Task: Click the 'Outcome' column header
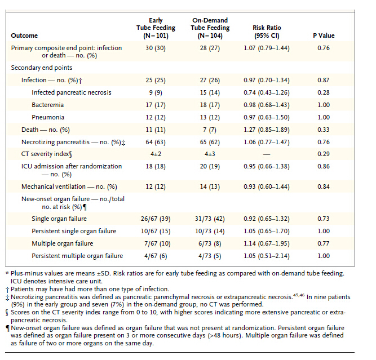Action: pos(24,35)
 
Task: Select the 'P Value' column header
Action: pos(324,35)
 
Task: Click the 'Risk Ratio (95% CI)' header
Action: pos(267,32)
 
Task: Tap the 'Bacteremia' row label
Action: pos(47,105)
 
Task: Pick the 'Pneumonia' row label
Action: pos(48,117)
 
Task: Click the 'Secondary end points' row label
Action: pos(42,68)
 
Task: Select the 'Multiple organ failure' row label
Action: pos(62,243)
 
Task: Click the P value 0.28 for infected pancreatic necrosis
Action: pos(324,92)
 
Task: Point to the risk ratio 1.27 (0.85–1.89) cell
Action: pos(267,130)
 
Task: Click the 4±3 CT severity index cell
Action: pos(210,154)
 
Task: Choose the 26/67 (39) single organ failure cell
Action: pos(156,219)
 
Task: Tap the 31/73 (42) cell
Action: pos(210,219)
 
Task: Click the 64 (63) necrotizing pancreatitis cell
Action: pos(156,143)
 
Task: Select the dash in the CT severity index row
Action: pos(267,154)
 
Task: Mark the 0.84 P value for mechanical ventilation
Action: pos(324,186)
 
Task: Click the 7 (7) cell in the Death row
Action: pos(210,130)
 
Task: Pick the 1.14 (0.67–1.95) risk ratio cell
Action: pos(267,243)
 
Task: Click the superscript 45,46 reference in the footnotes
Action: pos(299,295)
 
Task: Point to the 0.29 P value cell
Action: pos(324,154)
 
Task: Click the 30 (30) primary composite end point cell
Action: pos(156,48)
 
